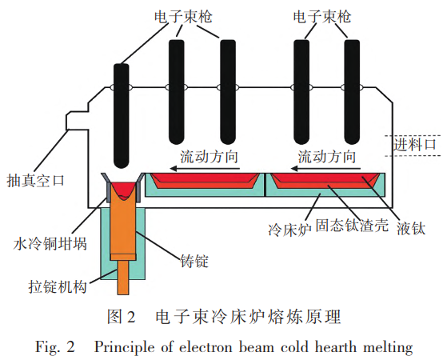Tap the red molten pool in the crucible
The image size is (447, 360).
(x=123, y=189)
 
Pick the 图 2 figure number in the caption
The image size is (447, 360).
(x=121, y=318)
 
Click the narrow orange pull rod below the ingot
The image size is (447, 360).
(x=124, y=278)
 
